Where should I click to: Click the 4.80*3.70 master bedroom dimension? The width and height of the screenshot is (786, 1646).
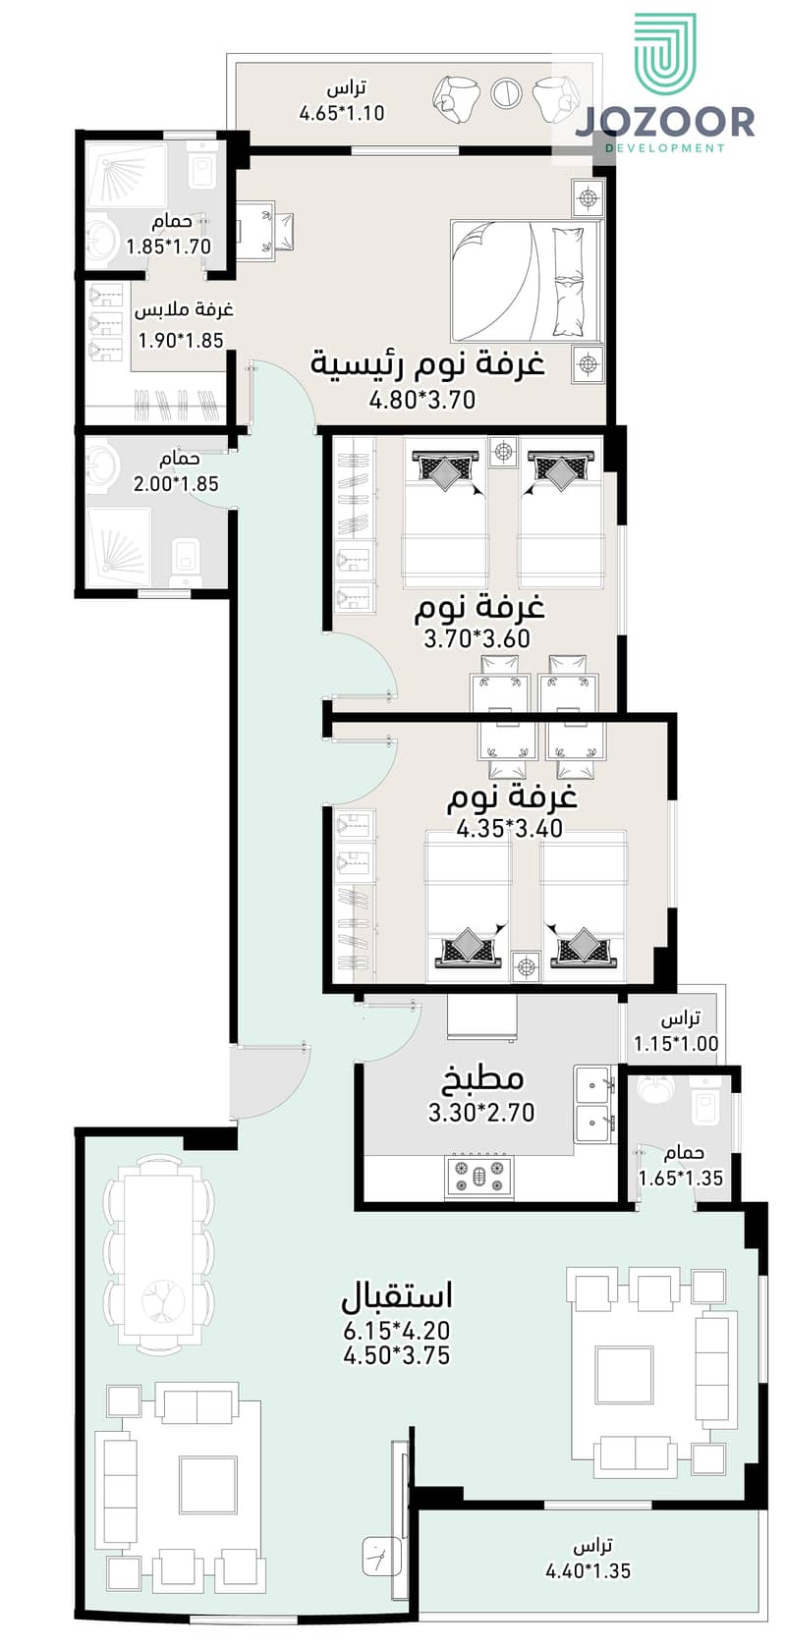pyautogui.click(x=422, y=400)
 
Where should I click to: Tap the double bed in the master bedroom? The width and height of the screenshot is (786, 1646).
pyautogui.click(x=525, y=280)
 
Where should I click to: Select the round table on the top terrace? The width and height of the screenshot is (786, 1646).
pyautogui.click(x=507, y=93)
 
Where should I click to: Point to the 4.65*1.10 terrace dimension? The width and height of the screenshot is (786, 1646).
pyautogui.click(x=341, y=113)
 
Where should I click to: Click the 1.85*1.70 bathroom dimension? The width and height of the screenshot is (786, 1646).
pyautogui.click(x=168, y=247)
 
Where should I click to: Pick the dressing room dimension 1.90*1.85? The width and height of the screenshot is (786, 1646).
pyautogui.click(x=181, y=341)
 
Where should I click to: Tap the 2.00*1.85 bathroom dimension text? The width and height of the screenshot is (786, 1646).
pyautogui.click(x=176, y=483)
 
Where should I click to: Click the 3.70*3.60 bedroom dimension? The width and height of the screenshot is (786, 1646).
pyautogui.click(x=477, y=638)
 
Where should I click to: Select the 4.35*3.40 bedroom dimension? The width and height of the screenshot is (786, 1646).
pyautogui.click(x=510, y=828)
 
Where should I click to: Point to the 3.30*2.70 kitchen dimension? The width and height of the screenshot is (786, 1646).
pyautogui.click(x=481, y=1113)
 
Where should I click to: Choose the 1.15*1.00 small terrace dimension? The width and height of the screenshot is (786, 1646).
pyautogui.click(x=676, y=1044)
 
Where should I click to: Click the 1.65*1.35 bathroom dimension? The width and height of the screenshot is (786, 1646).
pyautogui.click(x=681, y=1179)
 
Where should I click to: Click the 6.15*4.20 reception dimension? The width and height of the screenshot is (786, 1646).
pyautogui.click(x=397, y=1332)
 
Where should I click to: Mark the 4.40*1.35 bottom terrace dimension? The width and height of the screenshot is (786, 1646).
pyautogui.click(x=588, y=1570)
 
